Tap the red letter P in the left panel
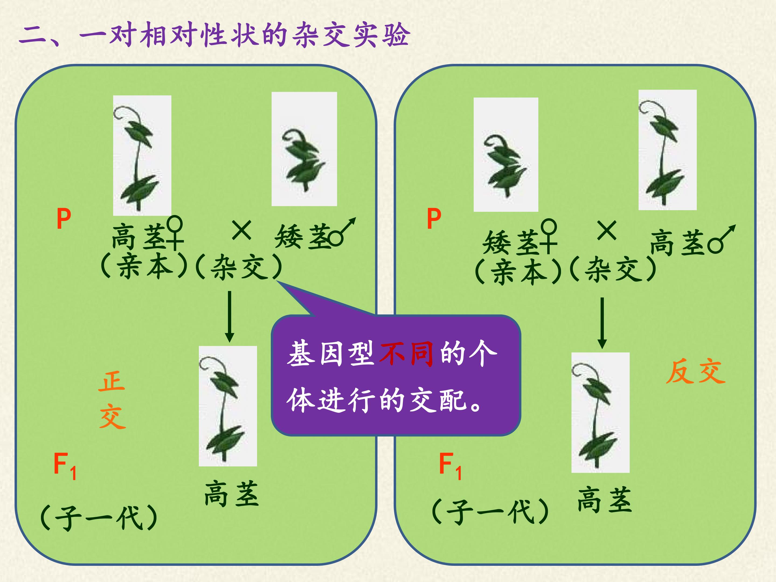(64, 219)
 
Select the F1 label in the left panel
(65, 466)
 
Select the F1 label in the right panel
(451, 466)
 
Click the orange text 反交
(695, 371)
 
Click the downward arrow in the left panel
(230, 316)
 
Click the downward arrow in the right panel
(602, 323)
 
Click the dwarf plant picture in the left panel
(304, 149)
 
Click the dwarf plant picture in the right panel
(506, 154)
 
